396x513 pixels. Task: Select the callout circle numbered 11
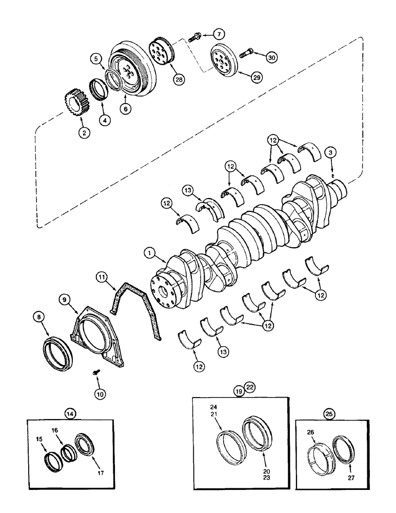tap(102, 279)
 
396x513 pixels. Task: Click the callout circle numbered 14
tap(69, 410)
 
